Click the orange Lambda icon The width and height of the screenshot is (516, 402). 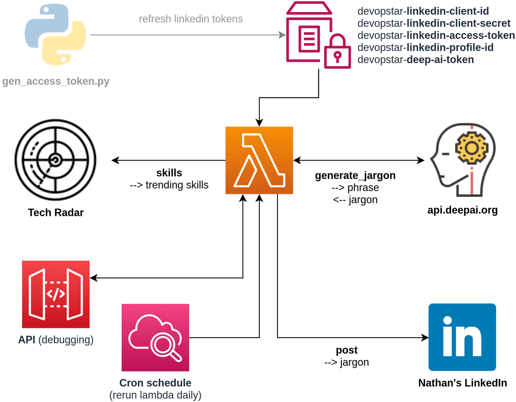pos(259,160)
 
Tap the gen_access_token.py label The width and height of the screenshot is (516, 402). pos(56,81)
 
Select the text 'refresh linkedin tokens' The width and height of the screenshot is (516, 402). pos(190,19)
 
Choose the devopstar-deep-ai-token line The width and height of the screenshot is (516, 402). pos(415,60)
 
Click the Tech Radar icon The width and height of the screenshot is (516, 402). pos(55,160)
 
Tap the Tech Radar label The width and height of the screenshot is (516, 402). pos(56,212)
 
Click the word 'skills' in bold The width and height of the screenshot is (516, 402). pos(169,173)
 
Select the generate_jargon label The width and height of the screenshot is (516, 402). pos(355,175)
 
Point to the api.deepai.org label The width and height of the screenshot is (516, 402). pos(462,210)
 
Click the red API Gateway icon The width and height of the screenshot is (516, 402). pos(56,294)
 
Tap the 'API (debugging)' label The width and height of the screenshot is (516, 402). pos(56,340)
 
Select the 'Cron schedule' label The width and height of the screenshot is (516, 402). pos(155,383)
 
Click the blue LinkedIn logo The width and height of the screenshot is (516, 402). pos(462,337)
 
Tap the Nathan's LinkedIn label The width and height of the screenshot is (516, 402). pos(462,383)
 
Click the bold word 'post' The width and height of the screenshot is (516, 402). pos(347,350)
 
